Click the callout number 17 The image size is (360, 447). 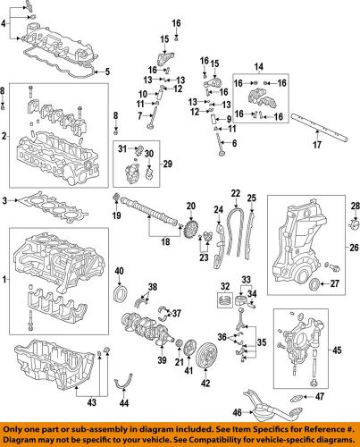[x=317, y=143]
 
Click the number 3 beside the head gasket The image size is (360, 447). [x=7, y=199]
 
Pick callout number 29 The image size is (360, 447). [x=166, y=164]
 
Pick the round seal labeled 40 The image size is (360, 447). [x=120, y=296]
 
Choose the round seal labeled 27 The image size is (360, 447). [x=313, y=284]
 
